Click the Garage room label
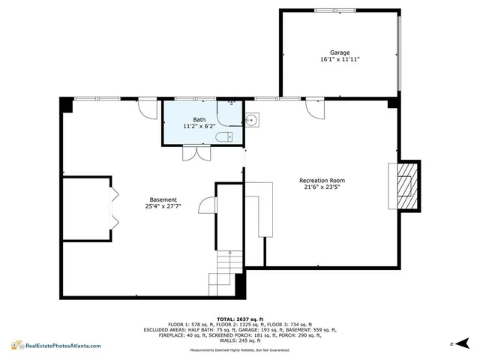coord(339,52)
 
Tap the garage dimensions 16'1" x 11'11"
coord(339,59)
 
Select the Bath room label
coord(199,120)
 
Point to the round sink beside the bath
coord(252,119)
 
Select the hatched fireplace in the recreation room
coord(405,185)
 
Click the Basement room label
coord(163,199)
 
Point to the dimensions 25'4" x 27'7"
coord(163,206)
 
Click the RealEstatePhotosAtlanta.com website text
coord(63,346)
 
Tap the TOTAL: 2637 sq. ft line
coord(239,319)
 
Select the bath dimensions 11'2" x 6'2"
coord(199,127)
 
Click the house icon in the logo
coord(15,345)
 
